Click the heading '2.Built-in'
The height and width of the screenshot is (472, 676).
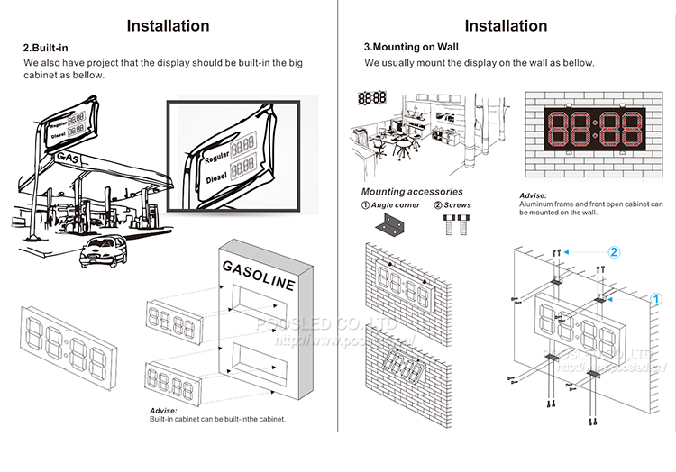click(47, 46)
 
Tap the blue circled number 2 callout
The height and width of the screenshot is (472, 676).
click(613, 252)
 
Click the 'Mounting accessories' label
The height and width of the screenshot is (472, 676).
click(412, 192)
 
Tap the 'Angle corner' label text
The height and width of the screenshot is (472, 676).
click(396, 205)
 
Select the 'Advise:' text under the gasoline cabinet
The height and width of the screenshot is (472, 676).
click(163, 411)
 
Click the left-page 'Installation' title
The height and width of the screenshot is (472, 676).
click(168, 25)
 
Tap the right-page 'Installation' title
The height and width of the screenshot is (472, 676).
click(506, 25)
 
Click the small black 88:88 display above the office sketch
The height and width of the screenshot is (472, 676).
click(372, 97)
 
